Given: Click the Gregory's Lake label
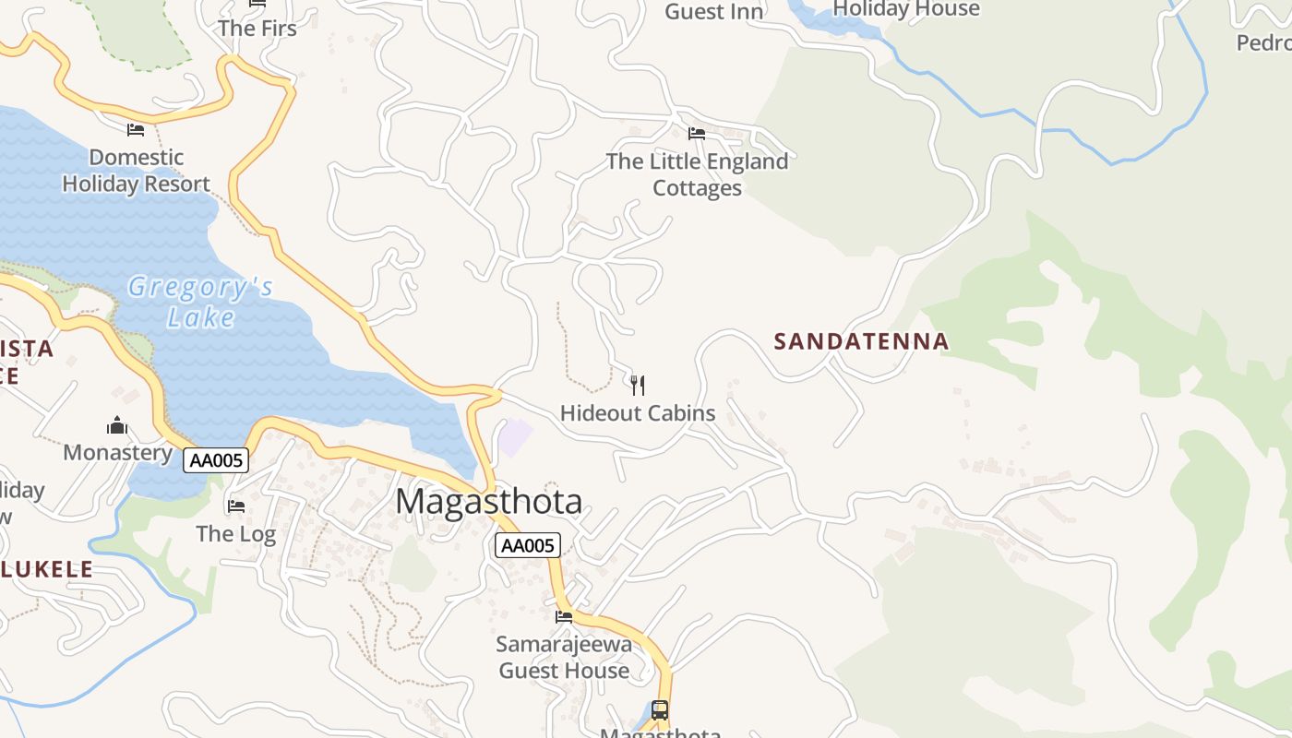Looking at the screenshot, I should coord(200,302).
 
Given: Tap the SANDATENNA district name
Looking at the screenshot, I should coord(861,341).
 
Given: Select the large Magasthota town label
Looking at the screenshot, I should coord(489,502).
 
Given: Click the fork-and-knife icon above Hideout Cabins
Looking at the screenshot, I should coord(637,385).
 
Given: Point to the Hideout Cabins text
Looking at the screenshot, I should coord(638,413).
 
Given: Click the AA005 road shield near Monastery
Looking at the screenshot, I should coord(216,460).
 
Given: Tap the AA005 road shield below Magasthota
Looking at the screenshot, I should coord(528,545).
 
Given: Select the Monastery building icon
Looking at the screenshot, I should coord(117,425).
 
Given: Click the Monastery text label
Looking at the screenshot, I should coord(117,452).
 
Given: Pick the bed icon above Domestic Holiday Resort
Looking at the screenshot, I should coord(136,129).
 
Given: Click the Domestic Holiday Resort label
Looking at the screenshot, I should coord(137,171).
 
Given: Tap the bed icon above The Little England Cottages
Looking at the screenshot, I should coord(697,134).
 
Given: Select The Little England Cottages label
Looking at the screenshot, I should coord(697,174).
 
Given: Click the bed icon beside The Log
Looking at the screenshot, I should coord(236,506).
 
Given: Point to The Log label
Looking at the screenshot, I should coord(236,533).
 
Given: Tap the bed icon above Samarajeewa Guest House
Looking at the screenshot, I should coord(564,616).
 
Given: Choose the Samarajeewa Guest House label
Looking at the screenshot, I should coord(564,657).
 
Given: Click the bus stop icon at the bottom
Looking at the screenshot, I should coord(660,709).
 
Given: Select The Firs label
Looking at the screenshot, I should coord(257,29).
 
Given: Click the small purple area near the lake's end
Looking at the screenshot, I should coord(516,437).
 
